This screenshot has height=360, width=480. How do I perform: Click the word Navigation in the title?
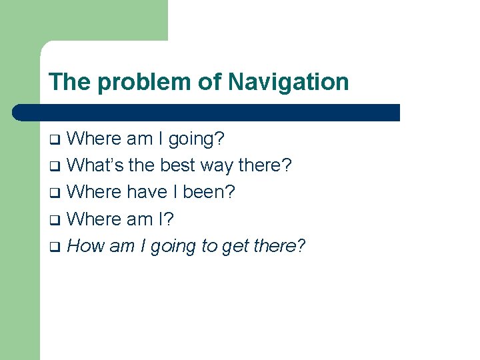coord(288,82)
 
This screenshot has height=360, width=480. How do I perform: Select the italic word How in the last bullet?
coord(85,246)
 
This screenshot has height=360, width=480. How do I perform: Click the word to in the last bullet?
coord(209,246)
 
